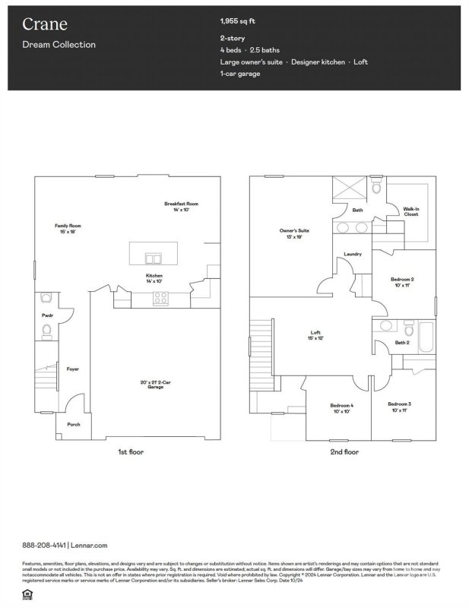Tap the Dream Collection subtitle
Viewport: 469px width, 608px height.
pos(59,45)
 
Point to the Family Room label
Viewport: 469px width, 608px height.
pos(68,228)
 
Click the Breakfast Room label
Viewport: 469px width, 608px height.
pos(181,206)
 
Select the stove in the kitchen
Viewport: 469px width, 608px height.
pos(160,298)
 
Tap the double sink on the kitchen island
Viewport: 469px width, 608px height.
pos(154,257)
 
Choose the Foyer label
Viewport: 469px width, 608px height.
pos(73,369)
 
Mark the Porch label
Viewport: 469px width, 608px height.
pos(74,424)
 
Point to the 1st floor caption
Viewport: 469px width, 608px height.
pos(130,452)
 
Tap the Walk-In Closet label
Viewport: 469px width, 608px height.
pos(410,211)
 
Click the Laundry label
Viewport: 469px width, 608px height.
pos(352,254)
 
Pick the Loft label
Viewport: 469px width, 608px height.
pos(315,334)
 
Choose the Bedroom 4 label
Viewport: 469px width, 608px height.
pos(341,407)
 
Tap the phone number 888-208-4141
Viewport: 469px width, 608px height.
pos(44,545)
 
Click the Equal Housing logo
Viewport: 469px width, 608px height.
pos(27,591)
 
